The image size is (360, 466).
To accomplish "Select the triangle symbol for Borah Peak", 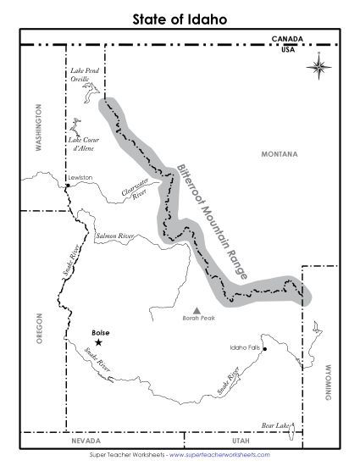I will point(197,310).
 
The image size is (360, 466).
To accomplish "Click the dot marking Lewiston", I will point(67,185).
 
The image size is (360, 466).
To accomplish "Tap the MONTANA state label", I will point(280,155).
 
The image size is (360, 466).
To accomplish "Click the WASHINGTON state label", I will point(38,128).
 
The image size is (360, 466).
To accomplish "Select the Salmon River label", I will point(115,235).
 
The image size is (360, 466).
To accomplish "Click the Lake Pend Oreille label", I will point(86,75).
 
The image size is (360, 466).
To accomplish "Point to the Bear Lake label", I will point(275,424).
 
